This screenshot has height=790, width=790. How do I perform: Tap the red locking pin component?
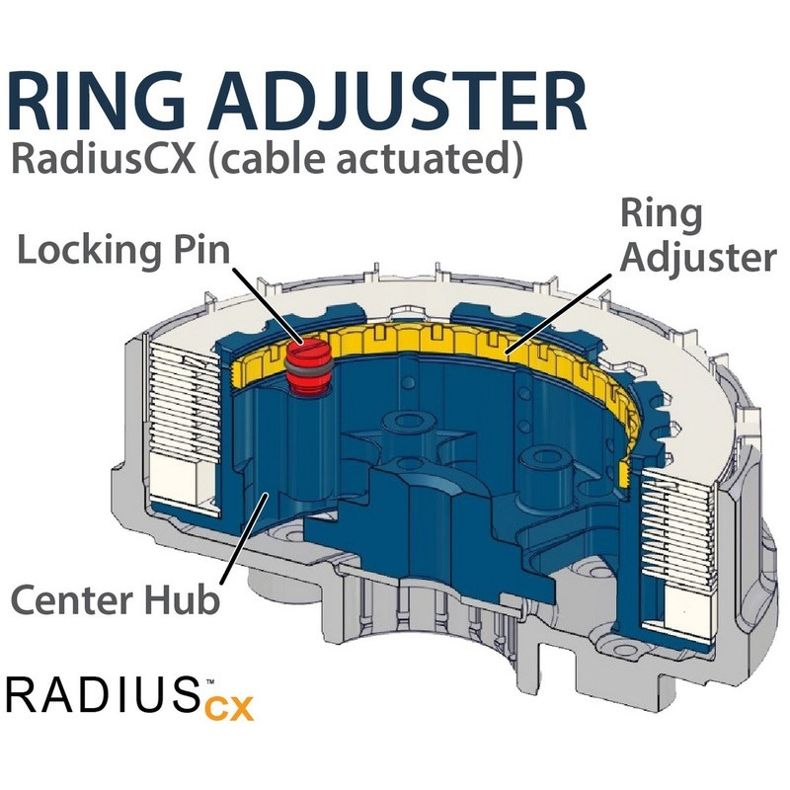click(305, 361)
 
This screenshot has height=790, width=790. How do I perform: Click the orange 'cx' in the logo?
click(230, 707)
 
